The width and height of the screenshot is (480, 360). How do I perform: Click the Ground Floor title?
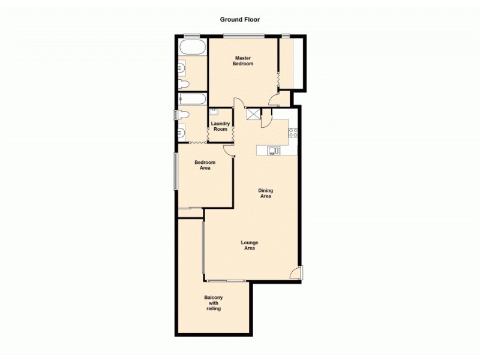240,19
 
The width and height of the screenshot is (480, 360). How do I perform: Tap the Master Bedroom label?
243,61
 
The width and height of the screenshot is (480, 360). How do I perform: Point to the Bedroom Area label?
205,165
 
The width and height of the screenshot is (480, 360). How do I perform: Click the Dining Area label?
265,193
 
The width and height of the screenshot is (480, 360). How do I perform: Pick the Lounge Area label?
249,245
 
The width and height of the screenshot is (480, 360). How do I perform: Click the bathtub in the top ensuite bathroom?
192,47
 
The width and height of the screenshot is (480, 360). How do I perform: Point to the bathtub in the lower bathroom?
192,99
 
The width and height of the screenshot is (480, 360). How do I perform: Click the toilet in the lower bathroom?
183,115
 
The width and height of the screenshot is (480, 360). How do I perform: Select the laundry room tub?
214,112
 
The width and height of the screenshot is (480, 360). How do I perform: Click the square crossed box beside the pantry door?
254,113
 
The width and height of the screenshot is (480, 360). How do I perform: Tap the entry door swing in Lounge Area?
295,273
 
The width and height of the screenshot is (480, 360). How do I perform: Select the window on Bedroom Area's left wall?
176,171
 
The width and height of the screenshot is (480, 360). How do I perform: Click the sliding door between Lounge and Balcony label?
226,281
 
